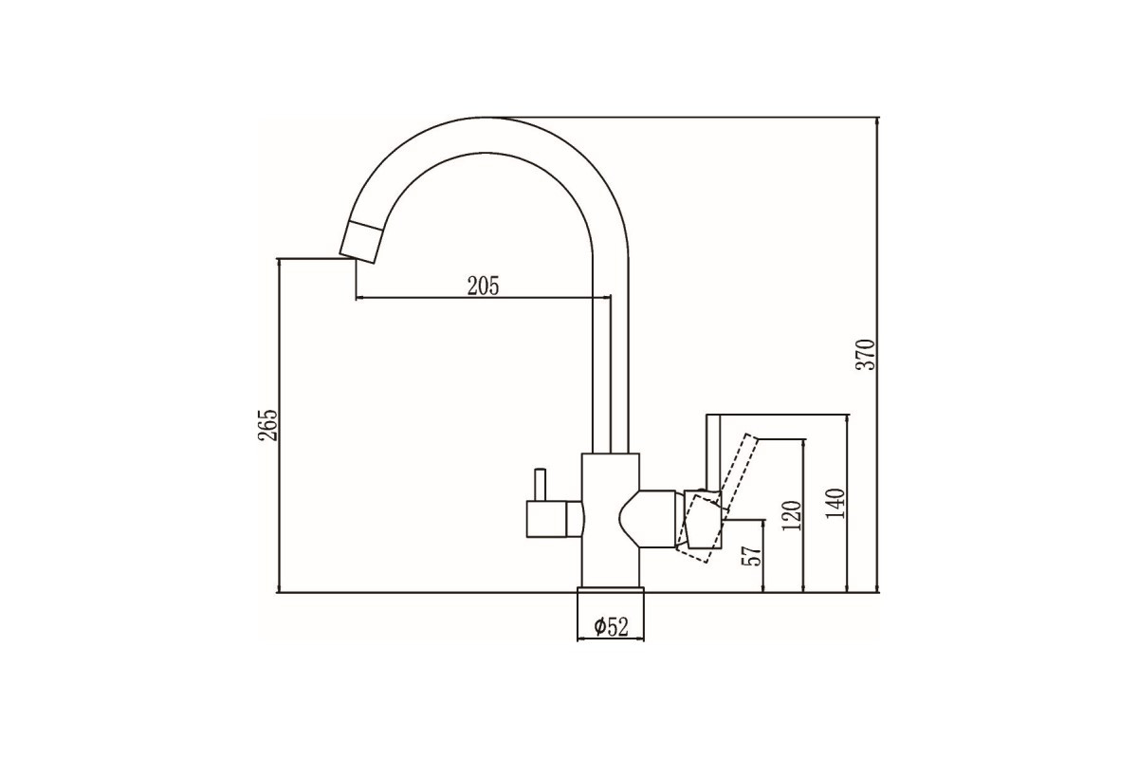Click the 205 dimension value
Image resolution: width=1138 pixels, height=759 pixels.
click(x=483, y=287)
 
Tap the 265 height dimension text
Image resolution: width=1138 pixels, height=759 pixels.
click(x=267, y=425)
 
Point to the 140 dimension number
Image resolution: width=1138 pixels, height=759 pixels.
click(x=835, y=503)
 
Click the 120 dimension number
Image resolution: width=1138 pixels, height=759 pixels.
click(x=792, y=515)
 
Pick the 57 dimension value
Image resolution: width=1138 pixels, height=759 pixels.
click(x=752, y=556)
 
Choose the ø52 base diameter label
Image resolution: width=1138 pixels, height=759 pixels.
click(x=611, y=627)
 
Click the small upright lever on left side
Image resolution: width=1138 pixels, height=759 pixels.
click(x=540, y=485)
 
